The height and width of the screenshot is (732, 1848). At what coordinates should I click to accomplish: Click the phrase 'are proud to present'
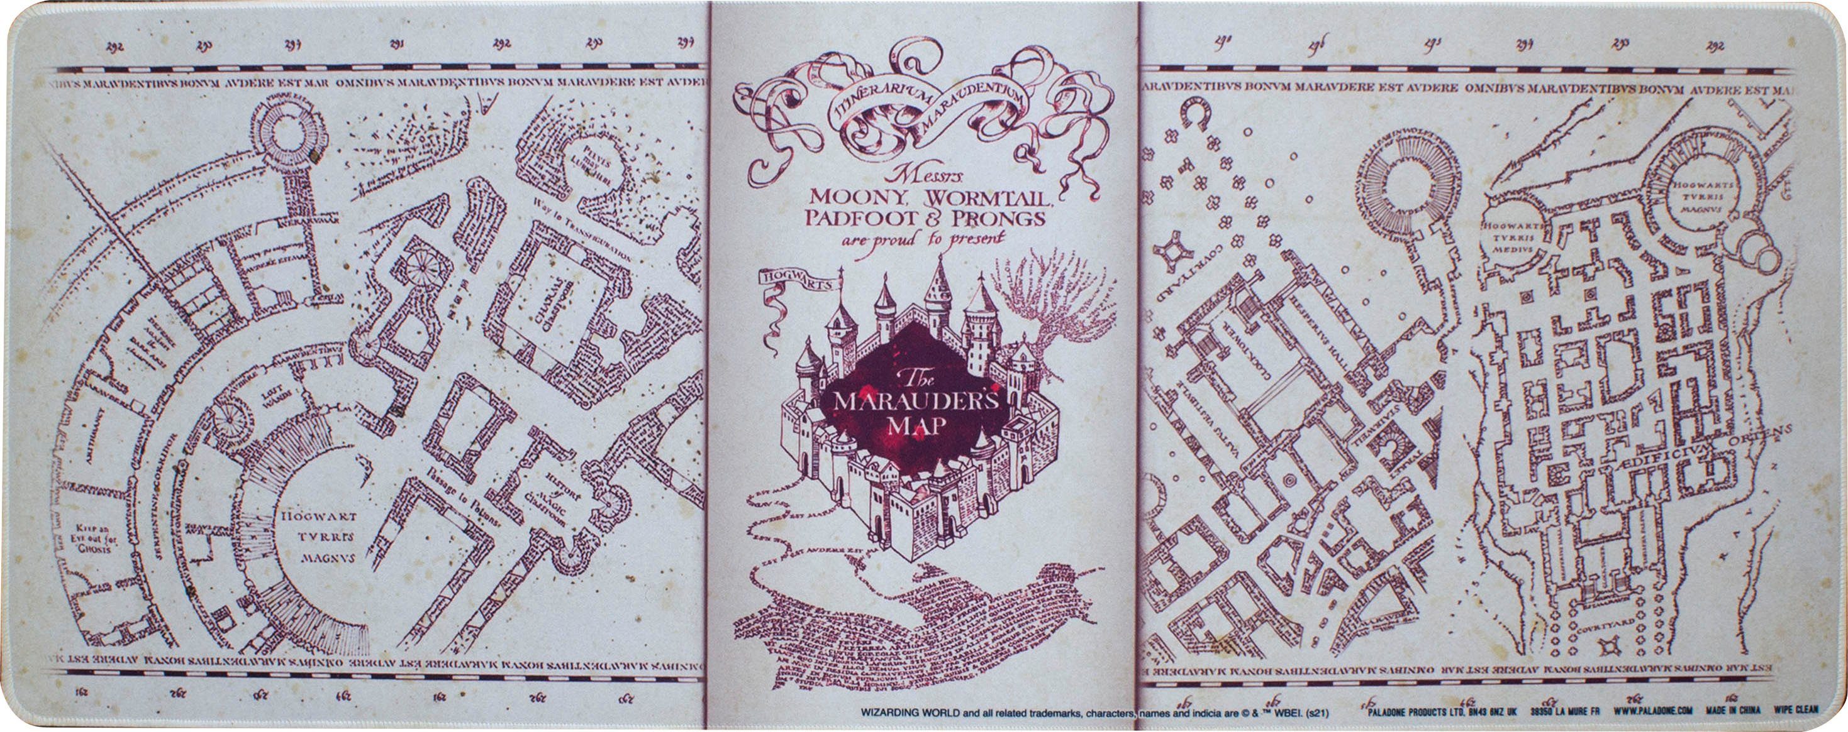tap(923, 239)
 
